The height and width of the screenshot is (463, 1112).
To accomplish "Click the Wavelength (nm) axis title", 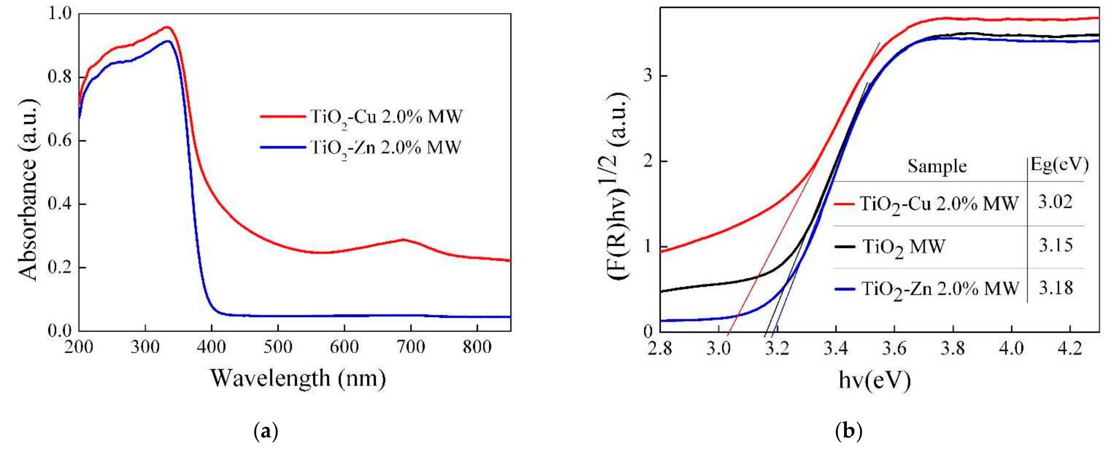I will [x=298, y=378].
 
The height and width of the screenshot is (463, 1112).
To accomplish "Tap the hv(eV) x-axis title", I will [x=874, y=380].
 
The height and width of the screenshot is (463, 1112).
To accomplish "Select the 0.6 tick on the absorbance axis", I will [x=59, y=140].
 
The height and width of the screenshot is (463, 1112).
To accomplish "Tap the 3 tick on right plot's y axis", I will [x=648, y=76].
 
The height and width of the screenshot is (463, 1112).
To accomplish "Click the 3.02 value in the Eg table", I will [x=1055, y=202].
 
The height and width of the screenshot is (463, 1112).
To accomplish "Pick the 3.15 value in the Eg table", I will [x=1055, y=246].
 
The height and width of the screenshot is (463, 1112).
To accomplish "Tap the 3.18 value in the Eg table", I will [x=1055, y=288].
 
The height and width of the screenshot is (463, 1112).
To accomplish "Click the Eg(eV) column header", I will [x=1059, y=165].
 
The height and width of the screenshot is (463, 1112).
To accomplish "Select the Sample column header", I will [x=937, y=166].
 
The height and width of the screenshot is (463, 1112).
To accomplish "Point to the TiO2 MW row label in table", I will [x=903, y=247].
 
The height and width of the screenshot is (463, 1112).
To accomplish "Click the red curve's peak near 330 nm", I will [x=167, y=27].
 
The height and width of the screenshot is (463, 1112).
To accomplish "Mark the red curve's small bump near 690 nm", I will [x=404, y=239].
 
